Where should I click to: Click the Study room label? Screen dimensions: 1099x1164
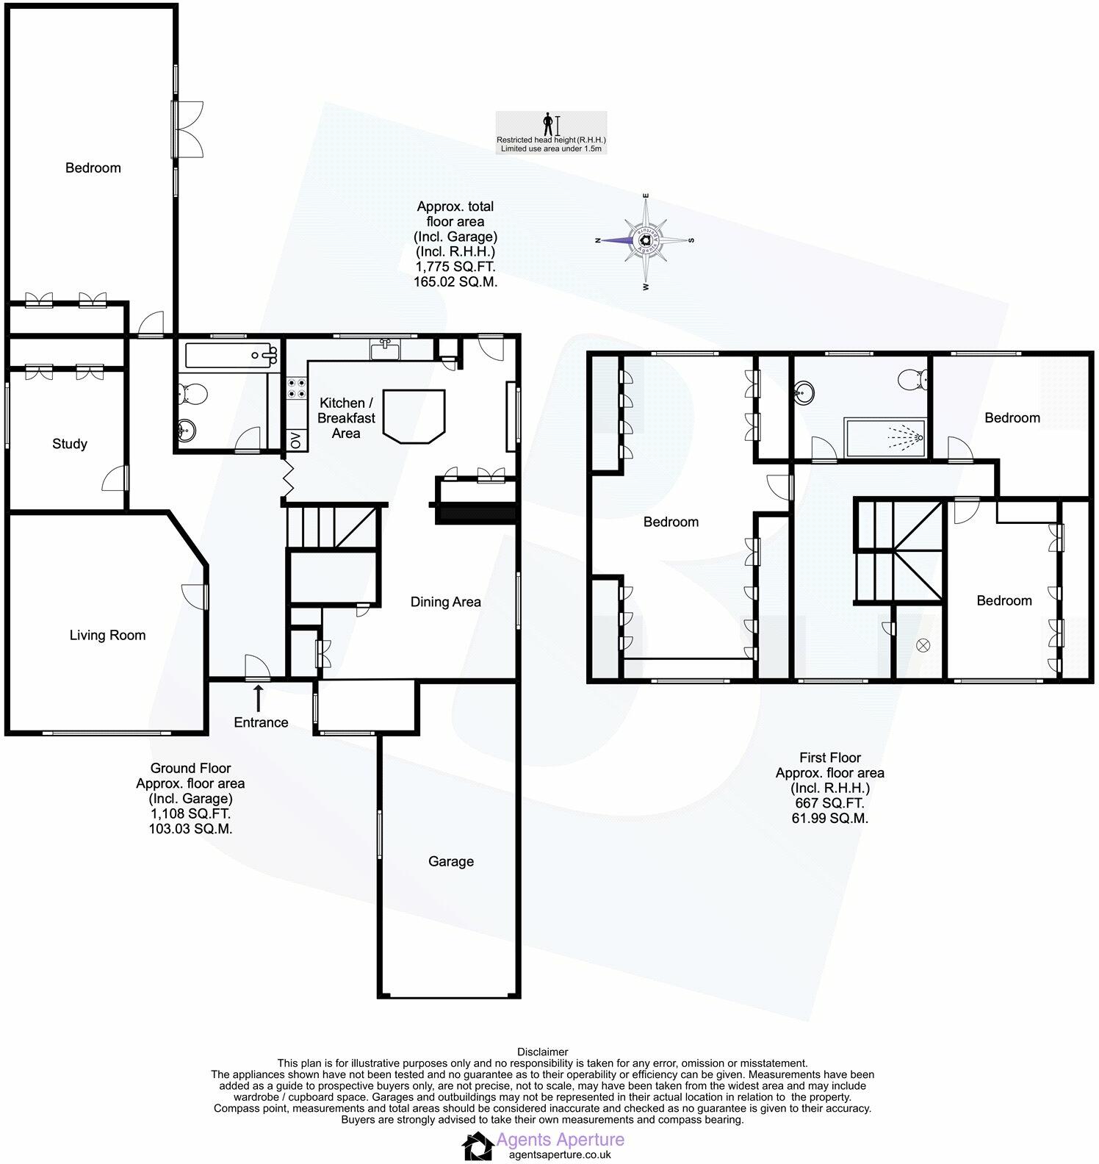(x=70, y=444)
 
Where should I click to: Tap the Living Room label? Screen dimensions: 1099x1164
(x=107, y=636)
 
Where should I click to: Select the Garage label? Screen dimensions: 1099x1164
(x=451, y=861)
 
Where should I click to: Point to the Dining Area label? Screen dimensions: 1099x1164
(x=445, y=602)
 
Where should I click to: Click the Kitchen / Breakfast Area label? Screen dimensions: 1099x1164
(x=346, y=418)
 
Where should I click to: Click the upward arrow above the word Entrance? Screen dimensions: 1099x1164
(x=258, y=697)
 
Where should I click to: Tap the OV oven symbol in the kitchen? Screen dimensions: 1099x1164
(x=295, y=440)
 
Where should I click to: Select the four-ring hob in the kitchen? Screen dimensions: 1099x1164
(x=295, y=388)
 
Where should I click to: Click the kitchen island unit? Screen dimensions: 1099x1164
(x=415, y=416)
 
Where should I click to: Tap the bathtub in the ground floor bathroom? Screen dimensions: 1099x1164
(x=231, y=356)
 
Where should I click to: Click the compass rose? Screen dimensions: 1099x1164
(x=645, y=240)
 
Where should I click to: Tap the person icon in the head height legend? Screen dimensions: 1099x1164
(x=547, y=124)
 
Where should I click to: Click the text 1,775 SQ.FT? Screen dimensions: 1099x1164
(x=455, y=266)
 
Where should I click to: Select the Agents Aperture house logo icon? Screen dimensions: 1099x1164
(x=478, y=1146)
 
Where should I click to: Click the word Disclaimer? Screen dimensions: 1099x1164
(x=543, y=1052)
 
